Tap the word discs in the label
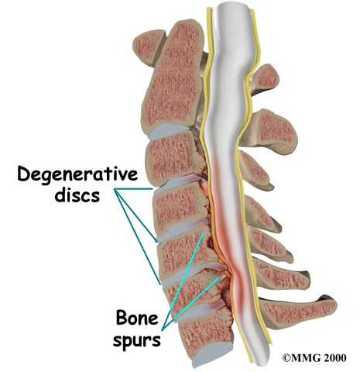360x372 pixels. [77, 195]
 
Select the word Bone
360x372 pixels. [137, 318]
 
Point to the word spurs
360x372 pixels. [137, 340]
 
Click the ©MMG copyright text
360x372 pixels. [301, 358]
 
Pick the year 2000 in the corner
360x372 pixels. [334, 358]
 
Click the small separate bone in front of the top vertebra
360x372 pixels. [149, 48]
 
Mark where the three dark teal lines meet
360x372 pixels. [115, 189]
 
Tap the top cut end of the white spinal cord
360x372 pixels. [232, 5]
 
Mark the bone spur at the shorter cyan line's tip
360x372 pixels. [219, 277]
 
